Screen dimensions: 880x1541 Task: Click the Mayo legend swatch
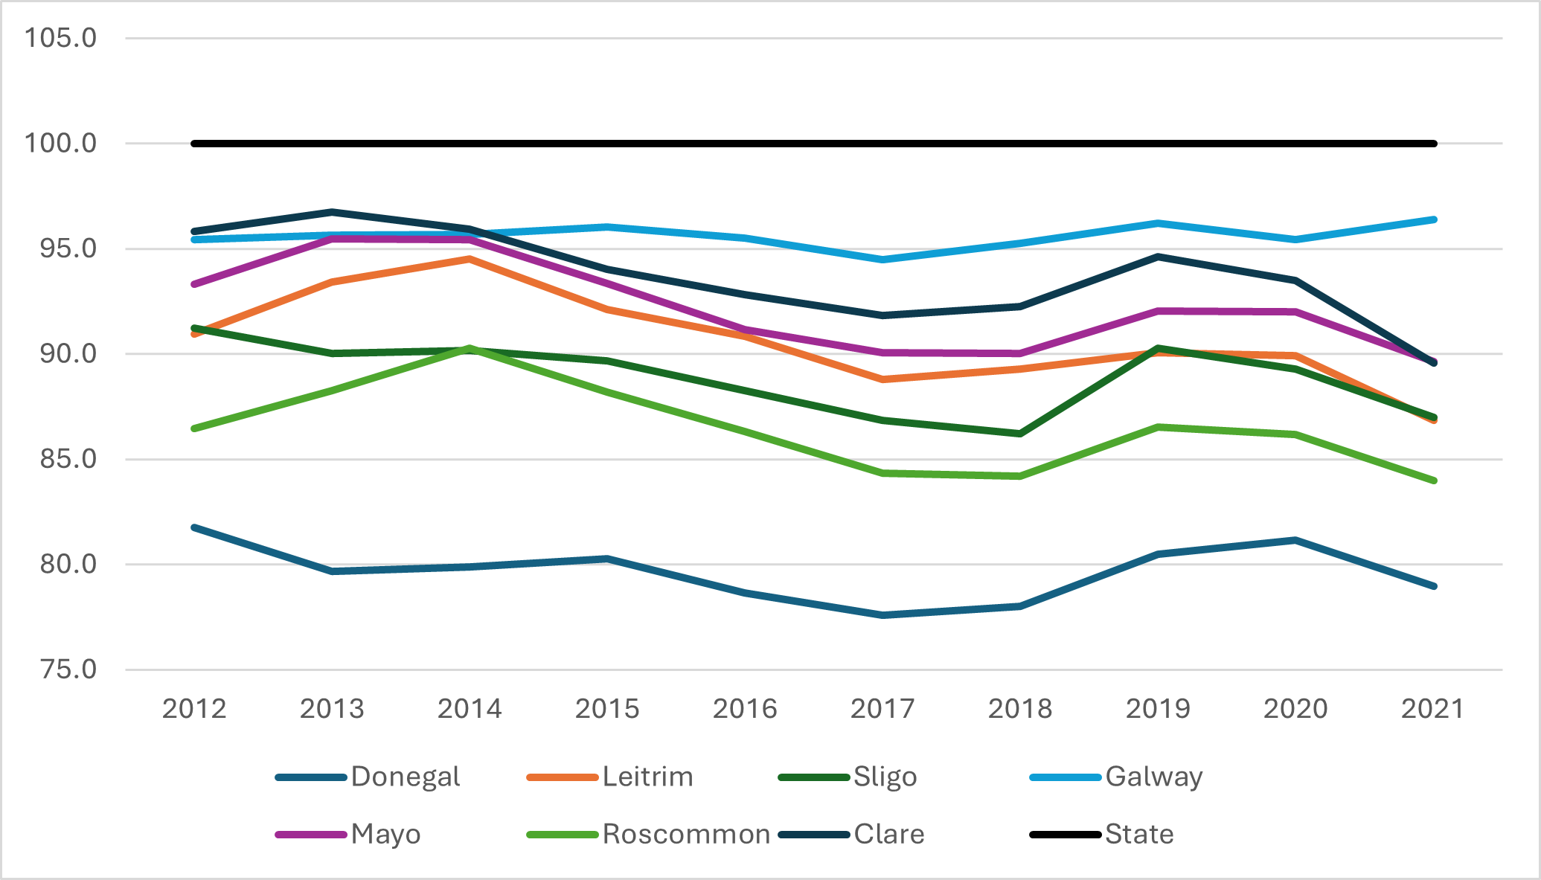pos(311,835)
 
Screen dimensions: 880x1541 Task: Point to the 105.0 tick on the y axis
pos(61,37)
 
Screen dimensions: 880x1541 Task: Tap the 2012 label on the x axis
pos(194,709)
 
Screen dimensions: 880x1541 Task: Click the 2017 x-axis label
pos(882,709)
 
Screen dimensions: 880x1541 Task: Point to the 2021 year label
pos(1433,709)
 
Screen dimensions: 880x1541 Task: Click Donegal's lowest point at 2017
pos(882,615)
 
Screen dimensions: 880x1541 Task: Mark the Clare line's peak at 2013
pos(332,212)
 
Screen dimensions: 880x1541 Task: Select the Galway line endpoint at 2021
pos(1433,219)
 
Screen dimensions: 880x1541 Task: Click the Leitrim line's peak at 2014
pos(470,259)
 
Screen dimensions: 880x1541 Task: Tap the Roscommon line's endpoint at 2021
pos(1433,481)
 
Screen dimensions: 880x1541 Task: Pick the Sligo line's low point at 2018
pos(1020,434)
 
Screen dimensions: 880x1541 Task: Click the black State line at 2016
pos(745,143)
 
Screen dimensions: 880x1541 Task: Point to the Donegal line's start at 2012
pos(194,527)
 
